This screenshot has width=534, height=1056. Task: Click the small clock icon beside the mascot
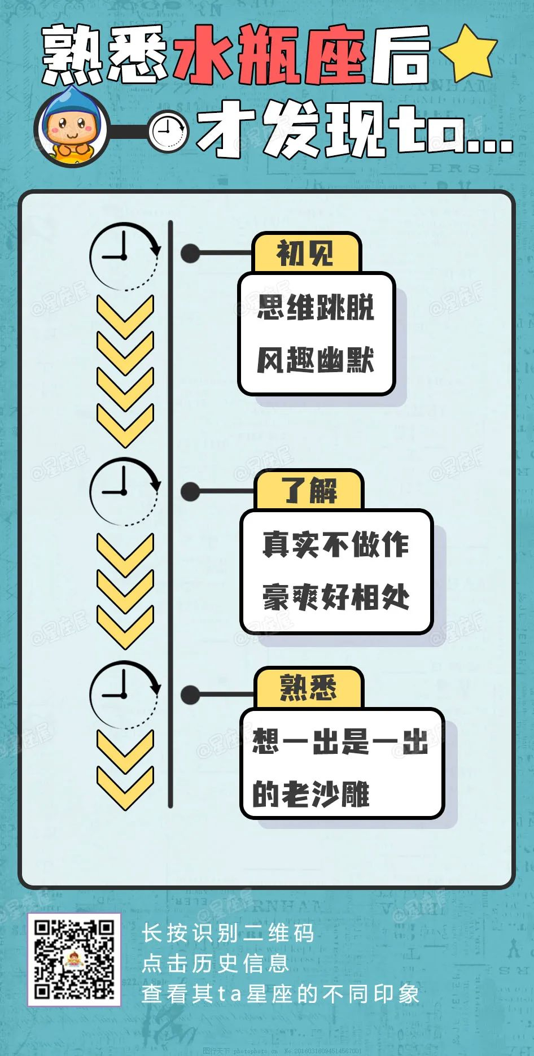tap(168, 131)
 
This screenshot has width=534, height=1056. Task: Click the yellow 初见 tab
tap(306, 253)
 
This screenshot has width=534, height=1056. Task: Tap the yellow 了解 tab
tap(309, 490)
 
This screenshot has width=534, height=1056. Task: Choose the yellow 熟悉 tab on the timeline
tap(308, 688)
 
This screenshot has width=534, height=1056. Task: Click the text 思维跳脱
tap(316, 307)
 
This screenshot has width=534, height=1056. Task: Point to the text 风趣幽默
tap(316, 360)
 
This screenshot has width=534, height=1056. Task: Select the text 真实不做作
tap(336, 544)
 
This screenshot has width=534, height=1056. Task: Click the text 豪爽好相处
tap(336, 597)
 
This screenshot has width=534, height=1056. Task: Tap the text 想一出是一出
tap(340, 741)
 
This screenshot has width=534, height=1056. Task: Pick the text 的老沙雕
tap(311, 794)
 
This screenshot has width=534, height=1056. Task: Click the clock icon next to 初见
tap(124, 257)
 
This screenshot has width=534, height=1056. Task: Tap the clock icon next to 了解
tap(124, 492)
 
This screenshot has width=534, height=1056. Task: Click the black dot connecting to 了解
tap(190, 491)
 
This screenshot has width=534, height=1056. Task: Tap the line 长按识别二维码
tap(227, 933)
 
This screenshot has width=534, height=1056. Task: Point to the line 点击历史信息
tap(215, 963)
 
